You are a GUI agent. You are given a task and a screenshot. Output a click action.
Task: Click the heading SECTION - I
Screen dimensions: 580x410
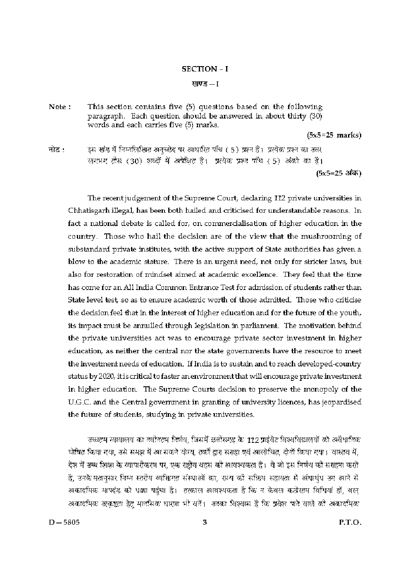click(x=205, y=69)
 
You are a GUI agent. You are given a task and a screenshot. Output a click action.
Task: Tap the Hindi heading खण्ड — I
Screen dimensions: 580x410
click(x=205, y=84)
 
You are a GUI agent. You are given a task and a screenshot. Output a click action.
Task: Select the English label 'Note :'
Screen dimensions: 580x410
click(x=60, y=107)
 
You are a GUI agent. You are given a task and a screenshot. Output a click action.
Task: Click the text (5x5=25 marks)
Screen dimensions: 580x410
click(x=334, y=135)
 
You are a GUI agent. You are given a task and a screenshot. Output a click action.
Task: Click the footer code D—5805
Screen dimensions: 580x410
click(x=63, y=522)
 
